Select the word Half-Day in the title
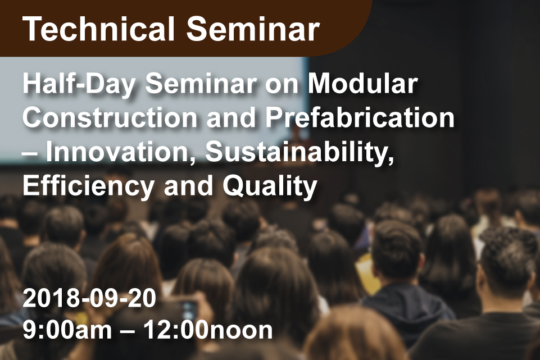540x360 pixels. [79, 84]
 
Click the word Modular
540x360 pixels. [362, 84]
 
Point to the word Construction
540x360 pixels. [110, 118]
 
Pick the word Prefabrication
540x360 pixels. [360, 118]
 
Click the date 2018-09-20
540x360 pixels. [89, 298]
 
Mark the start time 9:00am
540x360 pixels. [67, 330]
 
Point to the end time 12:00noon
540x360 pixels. [208, 330]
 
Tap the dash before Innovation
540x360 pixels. [29, 153]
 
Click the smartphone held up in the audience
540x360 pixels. [187, 313]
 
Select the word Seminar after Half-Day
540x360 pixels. [201, 84]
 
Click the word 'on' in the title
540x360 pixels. [282, 86]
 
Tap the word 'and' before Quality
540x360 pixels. [188, 186]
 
